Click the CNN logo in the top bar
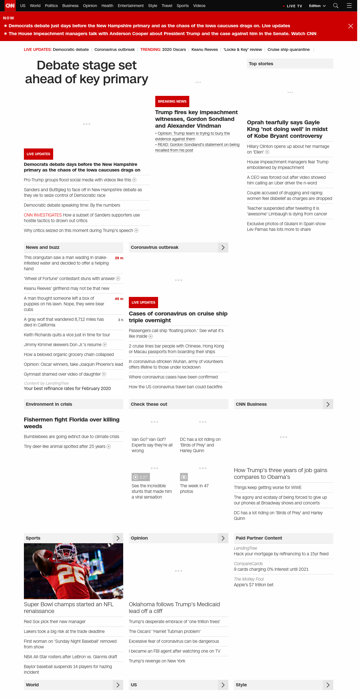[10, 6]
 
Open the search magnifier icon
[336, 6]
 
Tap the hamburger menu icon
[349, 6]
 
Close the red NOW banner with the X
[351, 26]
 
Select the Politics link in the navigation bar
[51, 6]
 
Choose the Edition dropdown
[317, 6]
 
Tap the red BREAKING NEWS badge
[172, 102]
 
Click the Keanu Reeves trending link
[204, 49]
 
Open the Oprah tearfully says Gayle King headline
[287, 129]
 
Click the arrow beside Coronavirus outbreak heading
[223, 247]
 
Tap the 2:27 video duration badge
[141, 477]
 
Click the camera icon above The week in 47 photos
[184, 477]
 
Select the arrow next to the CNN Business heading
[328, 404]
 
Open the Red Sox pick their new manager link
[55, 622]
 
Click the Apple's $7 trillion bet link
[253, 585]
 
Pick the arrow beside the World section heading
[118, 685]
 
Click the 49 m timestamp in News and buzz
[119, 299]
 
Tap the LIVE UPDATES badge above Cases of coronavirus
[143, 303]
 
